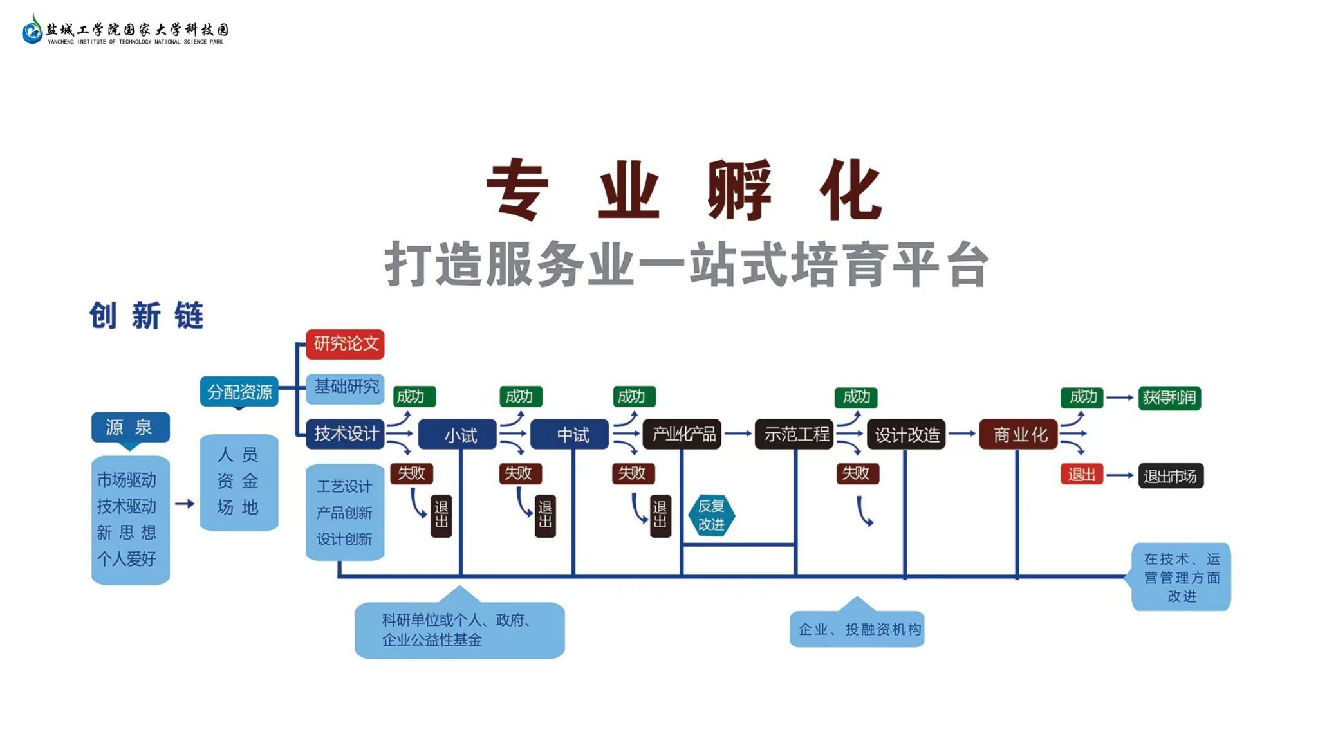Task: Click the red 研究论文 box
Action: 345,344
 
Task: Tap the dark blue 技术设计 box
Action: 345,434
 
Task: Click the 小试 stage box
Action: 458,435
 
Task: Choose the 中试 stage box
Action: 570,435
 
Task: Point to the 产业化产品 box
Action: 682,434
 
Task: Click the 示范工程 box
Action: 794,434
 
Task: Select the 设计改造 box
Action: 906,435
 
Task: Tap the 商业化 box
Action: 1018,435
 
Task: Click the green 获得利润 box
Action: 1169,398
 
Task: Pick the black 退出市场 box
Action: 1171,476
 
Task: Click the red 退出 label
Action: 1081,475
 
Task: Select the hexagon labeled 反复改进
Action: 711,515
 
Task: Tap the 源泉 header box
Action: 130,427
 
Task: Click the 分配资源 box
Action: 239,392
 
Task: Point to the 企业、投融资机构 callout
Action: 857,629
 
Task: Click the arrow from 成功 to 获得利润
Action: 1120,398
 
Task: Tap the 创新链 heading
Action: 147,316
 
